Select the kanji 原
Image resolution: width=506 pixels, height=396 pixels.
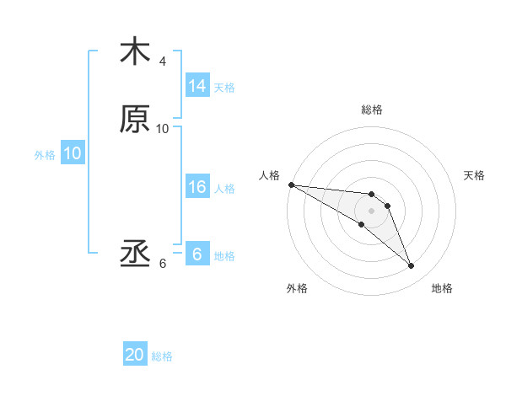[x=135, y=119]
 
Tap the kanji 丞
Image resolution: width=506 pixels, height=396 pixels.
[x=135, y=254]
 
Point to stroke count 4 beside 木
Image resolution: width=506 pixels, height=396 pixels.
[x=163, y=62]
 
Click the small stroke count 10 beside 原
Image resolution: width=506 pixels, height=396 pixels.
[x=163, y=128]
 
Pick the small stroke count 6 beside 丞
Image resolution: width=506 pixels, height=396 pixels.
[x=163, y=263]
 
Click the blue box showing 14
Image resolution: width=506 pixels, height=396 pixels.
[x=197, y=86]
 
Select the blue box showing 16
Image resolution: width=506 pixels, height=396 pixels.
[x=197, y=187]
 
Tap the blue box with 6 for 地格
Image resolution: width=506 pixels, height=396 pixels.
[x=197, y=254]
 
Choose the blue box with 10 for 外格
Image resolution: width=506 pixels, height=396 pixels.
[x=73, y=153]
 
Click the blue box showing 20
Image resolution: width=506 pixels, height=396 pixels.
[x=135, y=356]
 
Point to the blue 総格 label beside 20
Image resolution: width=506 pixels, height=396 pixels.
[x=162, y=356]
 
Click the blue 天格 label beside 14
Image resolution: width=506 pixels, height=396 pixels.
[x=224, y=87]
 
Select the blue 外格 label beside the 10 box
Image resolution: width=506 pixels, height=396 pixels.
[x=45, y=154]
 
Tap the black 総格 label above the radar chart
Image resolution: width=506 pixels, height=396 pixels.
[x=372, y=110]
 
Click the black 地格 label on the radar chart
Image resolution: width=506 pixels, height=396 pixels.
[x=442, y=289]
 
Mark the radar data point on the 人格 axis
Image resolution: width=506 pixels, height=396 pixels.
[x=290, y=184]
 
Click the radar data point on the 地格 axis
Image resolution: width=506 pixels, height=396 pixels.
[x=412, y=266]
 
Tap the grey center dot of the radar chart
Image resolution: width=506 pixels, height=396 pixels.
[x=372, y=211]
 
